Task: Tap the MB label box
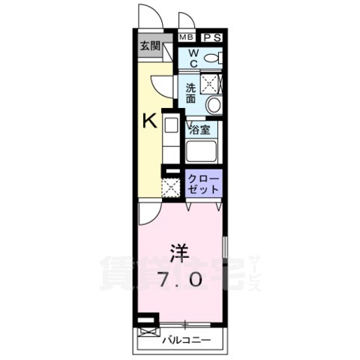coord(185,36)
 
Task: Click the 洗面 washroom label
coord(192,91)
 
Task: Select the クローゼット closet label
coord(203,184)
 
